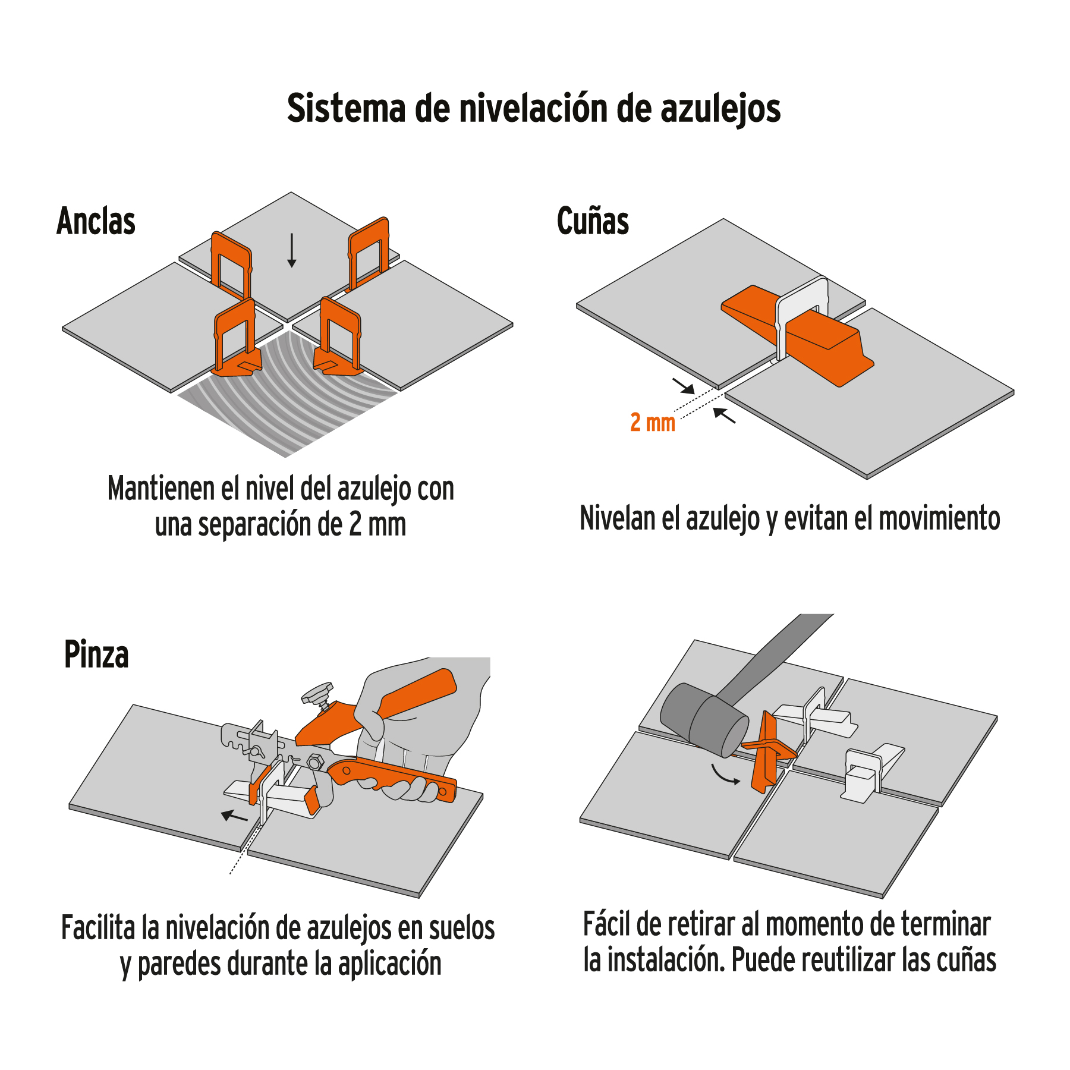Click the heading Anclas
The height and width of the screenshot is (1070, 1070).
pyautogui.click(x=96, y=221)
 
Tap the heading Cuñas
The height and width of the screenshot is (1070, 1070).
pyautogui.click(x=593, y=221)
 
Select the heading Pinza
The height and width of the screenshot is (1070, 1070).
pyautogui.click(x=96, y=654)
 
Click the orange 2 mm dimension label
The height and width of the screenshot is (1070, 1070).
pyautogui.click(x=652, y=423)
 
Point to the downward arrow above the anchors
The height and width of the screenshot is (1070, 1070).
pyautogui.click(x=291, y=250)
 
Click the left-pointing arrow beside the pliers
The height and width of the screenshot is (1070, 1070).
pyautogui.click(x=234, y=816)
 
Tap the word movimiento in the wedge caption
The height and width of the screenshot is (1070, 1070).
pyautogui.click(x=939, y=518)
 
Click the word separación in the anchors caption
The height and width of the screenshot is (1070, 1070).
pyautogui.click(x=256, y=525)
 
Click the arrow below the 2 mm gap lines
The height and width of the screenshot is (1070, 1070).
pyautogui.click(x=724, y=415)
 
